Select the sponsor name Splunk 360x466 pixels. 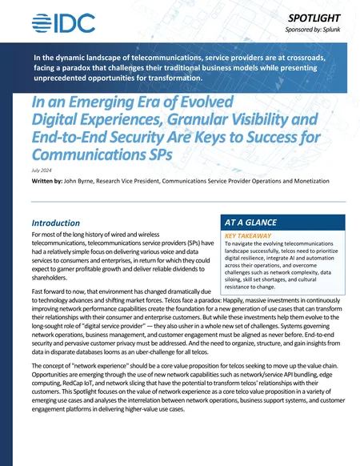(330, 29)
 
